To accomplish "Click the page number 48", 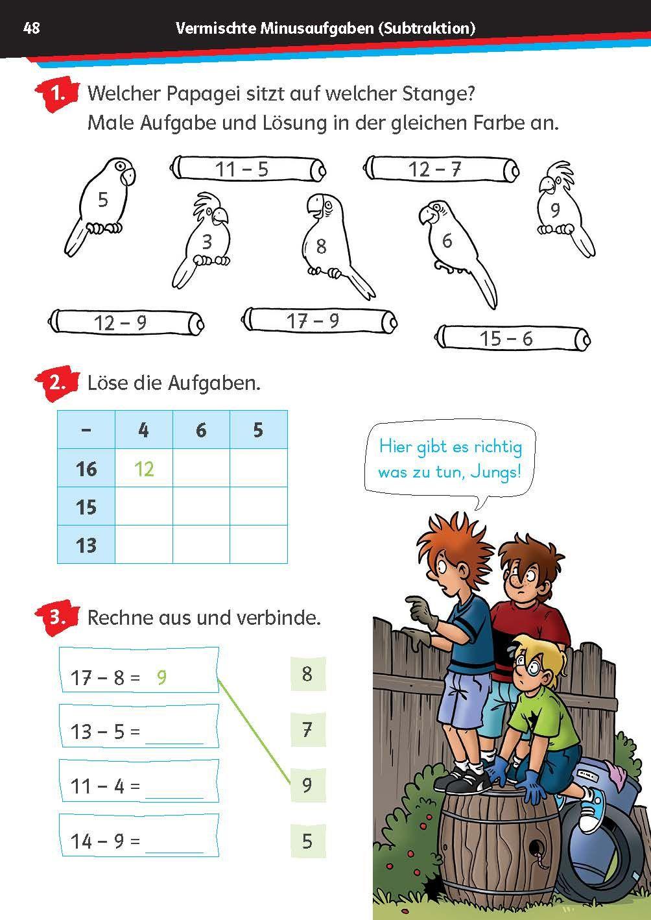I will [31, 28].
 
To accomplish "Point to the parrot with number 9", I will [559, 204].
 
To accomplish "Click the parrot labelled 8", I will [324, 240].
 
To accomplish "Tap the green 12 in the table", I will [144, 468].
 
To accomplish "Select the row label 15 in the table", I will [86, 507].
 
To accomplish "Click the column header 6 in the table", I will [201, 430].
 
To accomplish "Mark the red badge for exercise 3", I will [58, 616].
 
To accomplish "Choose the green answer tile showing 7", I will [307, 729].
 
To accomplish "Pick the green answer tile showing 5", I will [307, 841].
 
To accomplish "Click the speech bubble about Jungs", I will [450, 459].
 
